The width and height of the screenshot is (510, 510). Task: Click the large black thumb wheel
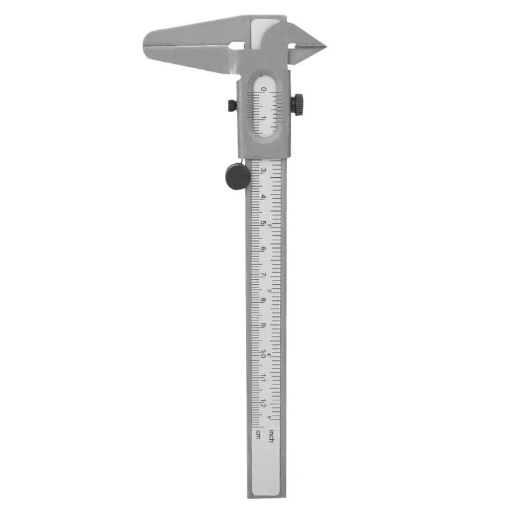pos(237,176)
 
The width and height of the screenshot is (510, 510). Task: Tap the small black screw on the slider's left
pos(230,106)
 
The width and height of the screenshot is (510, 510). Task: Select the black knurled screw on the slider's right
pos(298,104)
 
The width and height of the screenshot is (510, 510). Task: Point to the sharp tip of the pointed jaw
pos(324,46)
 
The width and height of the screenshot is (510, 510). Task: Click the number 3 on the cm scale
pos(255,170)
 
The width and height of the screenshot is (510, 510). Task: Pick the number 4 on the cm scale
pos(255,196)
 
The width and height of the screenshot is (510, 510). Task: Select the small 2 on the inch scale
pos(270,225)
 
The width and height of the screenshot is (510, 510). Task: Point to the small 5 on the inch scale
pos(270,418)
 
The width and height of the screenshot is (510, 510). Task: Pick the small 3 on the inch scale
pos(270,290)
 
